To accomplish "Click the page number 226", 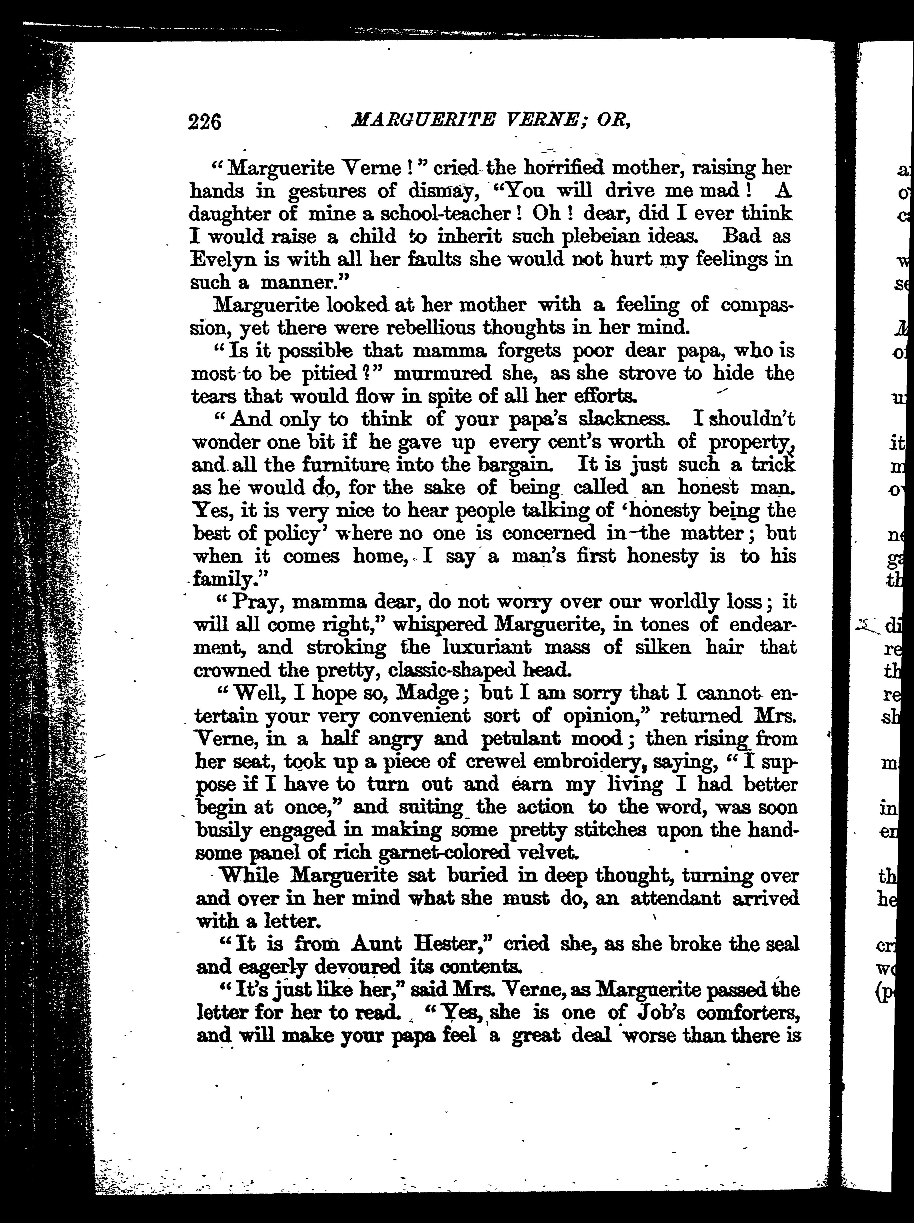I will click(x=205, y=121).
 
